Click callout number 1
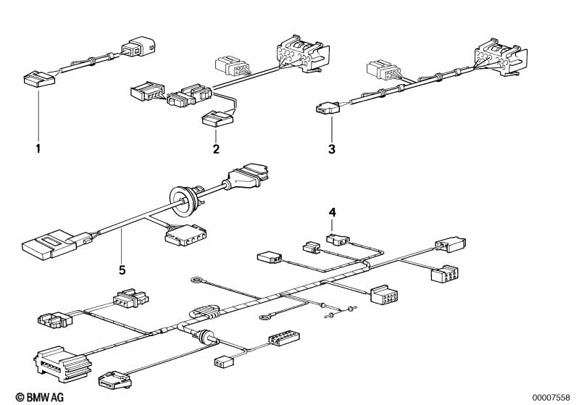click(x=38, y=149)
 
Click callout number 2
click(x=216, y=149)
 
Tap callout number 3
click(x=332, y=149)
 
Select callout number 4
click(x=333, y=213)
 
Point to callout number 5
click(x=122, y=270)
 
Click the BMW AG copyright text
click(x=40, y=397)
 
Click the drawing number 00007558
click(x=551, y=398)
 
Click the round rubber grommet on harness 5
click(x=183, y=201)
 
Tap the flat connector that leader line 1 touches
click(x=38, y=80)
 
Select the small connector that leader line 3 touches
click(x=327, y=108)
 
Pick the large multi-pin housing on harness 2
click(x=304, y=54)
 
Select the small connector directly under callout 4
click(x=338, y=240)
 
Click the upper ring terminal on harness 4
click(x=196, y=281)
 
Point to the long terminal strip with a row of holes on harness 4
click(x=284, y=339)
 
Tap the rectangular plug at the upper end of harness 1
click(x=139, y=47)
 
